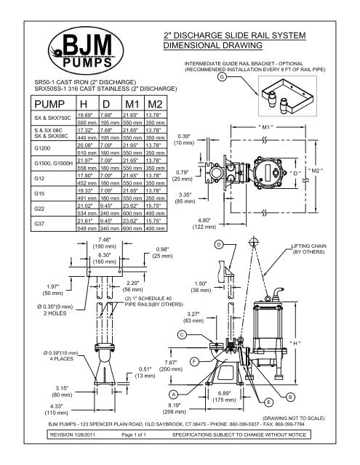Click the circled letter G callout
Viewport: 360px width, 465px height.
point(221,78)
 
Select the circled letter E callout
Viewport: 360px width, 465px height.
point(269,402)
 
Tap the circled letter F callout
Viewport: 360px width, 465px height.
point(192,360)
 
